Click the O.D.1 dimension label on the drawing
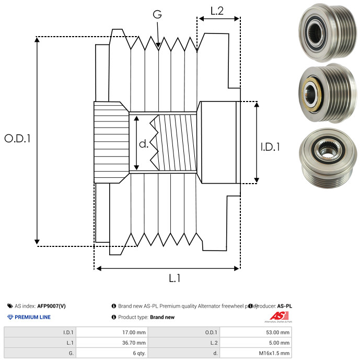point(17,139)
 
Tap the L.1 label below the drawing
point(175,278)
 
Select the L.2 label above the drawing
point(217,10)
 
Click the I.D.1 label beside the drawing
point(270,148)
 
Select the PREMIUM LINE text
point(32,317)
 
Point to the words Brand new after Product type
point(162,317)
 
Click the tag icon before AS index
point(10,306)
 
